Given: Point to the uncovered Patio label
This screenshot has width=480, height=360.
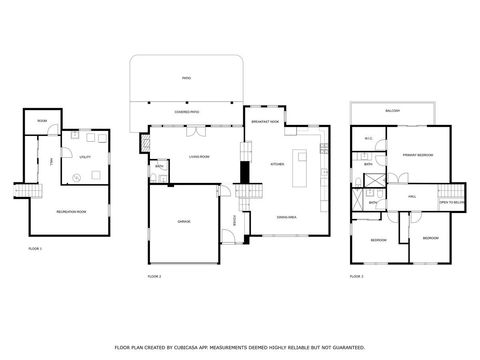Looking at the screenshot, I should point(186,76).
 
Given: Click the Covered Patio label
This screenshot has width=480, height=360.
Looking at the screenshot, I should point(186,112).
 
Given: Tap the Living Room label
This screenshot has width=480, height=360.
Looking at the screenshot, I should point(198,156).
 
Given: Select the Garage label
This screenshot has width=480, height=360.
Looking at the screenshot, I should point(184,221).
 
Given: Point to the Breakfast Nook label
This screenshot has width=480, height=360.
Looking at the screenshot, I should point(266,121).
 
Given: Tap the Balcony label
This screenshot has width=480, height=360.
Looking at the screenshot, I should point(391,110).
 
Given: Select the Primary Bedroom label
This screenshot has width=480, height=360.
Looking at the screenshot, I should point(417,155).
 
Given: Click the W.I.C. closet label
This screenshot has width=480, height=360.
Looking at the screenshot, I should point(369,138).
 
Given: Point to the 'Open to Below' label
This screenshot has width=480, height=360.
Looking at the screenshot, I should point(452,202).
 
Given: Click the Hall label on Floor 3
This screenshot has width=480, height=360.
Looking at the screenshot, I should point(411,197).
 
